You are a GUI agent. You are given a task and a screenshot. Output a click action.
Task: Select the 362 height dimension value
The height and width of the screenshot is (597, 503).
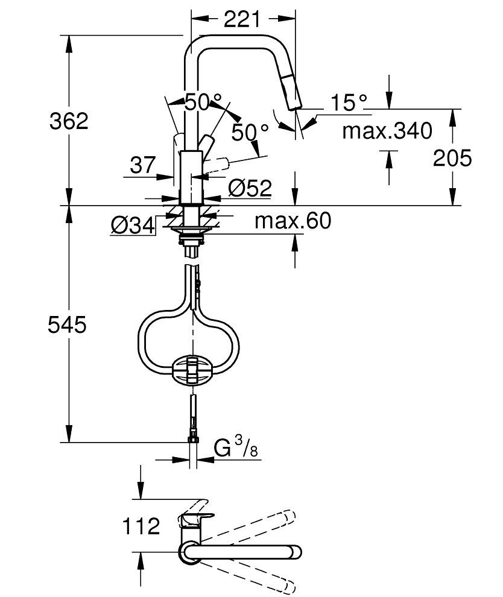tap(68, 121)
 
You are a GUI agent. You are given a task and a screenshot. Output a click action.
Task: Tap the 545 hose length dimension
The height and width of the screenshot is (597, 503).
tap(68, 325)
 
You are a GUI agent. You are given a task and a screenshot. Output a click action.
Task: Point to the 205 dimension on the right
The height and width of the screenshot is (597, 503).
tap(452, 158)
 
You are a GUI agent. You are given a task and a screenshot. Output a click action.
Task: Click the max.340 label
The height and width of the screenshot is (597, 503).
tap(387, 130)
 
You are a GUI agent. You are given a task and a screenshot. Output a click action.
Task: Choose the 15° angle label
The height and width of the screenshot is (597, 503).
tap(348, 103)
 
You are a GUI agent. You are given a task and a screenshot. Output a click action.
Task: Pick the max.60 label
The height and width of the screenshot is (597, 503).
tap(293, 221)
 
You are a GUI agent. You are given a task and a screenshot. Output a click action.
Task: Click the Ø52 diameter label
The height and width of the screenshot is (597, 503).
tap(250, 188)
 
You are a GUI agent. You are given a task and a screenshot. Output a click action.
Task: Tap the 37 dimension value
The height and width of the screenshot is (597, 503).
tap(142, 165)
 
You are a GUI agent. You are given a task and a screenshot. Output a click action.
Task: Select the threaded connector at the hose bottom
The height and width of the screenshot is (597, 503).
tap(192, 437)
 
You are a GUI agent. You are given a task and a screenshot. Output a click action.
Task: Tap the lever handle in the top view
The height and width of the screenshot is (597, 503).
tap(197, 518)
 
